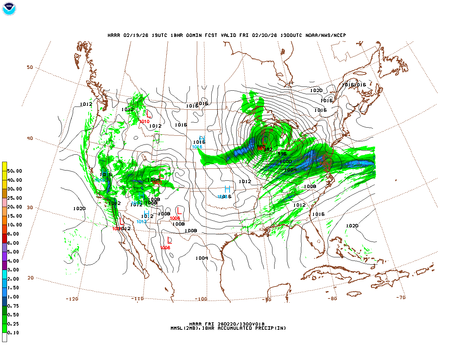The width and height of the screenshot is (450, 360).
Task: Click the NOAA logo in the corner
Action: tap(9, 9)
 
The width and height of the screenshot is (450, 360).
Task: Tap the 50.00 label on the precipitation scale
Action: tap(14, 171)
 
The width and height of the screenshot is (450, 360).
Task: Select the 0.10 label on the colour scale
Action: tap(13, 333)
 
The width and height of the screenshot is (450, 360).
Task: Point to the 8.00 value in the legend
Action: tap(13, 234)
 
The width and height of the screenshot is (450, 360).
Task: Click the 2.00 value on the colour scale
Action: tap(13, 279)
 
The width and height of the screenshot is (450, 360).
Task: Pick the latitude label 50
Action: tap(30, 67)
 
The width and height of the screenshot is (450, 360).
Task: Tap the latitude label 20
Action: tap(31, 278)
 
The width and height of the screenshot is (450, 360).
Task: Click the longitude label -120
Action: tap(72, 299)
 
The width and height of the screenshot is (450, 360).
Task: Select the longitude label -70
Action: tap(401, 297)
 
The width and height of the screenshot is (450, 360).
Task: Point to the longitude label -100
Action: tap(201, 299)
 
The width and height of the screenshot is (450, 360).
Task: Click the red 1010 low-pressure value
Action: tap(144, 122)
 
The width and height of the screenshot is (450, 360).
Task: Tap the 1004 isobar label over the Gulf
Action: tap(202, 258)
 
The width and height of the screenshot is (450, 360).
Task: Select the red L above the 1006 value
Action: tap(170, 240)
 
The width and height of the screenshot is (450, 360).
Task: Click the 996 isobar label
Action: tap(282, 154)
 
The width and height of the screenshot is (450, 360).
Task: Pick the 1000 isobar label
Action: tap(286, 161)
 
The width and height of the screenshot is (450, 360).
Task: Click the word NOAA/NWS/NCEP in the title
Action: tap(326, 35)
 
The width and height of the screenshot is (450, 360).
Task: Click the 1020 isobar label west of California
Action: tap(79, 208)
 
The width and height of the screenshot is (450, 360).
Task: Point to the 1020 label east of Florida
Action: tap(352, 226)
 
